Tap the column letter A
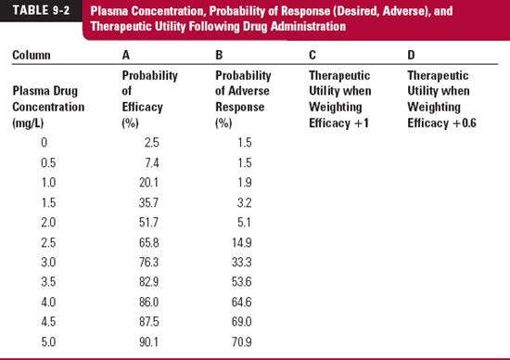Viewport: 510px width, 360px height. click(x=125, y=55)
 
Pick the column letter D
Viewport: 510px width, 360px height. click(x=412, y=55)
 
